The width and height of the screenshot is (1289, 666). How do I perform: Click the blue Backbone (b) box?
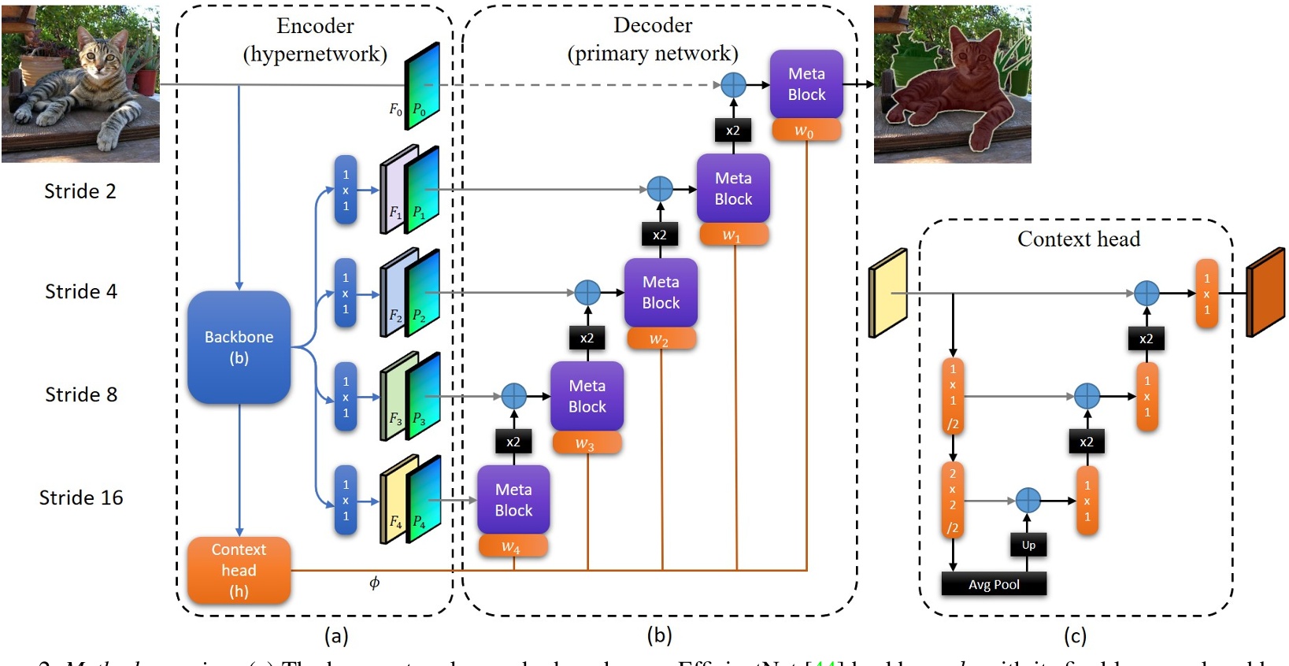coord(239,347)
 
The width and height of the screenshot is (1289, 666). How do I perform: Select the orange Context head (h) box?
coord(239,571)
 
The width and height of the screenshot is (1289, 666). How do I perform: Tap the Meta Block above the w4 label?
coord(513,500)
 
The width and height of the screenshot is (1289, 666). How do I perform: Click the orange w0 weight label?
coord(805,131)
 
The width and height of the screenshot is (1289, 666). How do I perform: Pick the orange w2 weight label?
coord(660,339)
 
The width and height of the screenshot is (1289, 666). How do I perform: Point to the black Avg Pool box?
coord(994,584)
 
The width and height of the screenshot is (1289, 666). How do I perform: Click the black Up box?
coord(1028,545)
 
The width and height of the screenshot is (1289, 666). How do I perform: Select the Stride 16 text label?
coord(81,498)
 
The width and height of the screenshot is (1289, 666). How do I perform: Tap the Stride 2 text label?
coord(80,191)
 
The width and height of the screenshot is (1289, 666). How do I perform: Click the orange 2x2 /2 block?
coord(953,500)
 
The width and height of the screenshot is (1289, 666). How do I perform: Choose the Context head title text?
coord(1078,239)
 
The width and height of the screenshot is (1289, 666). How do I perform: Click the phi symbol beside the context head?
coord(374,583)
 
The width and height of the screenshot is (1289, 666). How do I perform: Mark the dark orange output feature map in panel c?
coord(1265,292)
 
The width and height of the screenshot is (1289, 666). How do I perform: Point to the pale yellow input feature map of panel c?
coord(887,293)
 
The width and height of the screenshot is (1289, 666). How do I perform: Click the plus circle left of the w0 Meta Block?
coord(733,85)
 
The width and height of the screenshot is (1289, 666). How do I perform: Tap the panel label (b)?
coord(659,635)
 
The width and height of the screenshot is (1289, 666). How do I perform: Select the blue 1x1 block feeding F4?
coord(346,500)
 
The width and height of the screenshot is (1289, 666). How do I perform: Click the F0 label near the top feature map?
coord(395,109)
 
